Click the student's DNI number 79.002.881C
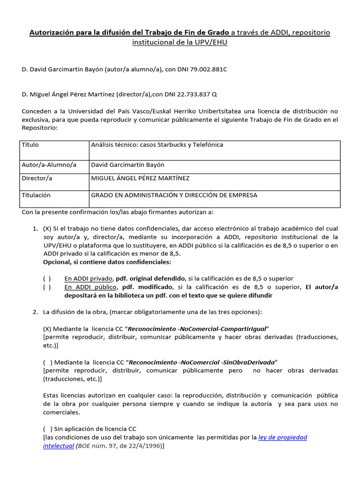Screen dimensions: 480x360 (202, 69)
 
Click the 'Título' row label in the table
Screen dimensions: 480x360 (30, 145)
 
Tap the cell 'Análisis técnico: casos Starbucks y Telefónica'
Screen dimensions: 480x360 (157, 145)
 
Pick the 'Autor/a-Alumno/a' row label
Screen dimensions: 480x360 (49, 165)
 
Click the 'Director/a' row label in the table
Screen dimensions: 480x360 (37, 179)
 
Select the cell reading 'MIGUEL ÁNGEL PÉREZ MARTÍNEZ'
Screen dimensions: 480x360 (140, 179)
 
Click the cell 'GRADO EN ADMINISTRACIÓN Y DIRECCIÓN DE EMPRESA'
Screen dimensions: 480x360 (174, 195)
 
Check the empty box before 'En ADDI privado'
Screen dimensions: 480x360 (47, 279)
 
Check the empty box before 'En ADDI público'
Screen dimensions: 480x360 (47, 287)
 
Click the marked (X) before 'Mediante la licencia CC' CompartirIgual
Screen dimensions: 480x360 (47, 329)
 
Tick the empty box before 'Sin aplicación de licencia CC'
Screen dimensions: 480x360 (47, 429)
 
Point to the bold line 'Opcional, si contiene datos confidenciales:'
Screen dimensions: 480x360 (107, 262)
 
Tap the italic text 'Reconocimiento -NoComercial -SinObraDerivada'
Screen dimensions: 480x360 (202, 362)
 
